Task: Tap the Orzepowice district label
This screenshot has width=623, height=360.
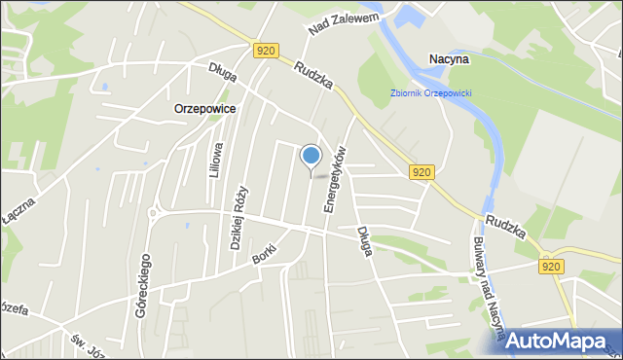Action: pyautogui.click(x=204, y=109)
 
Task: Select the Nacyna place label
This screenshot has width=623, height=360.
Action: pyautogui.click(x=449, y=59)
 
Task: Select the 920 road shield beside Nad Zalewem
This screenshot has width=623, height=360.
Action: pyautogui.click(x=264, y=50)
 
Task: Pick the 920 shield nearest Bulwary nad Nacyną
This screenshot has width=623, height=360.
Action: pyautogui.click(x=550, y=265)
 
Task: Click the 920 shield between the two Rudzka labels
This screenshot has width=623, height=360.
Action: pyautogui.click(x=421, y=172)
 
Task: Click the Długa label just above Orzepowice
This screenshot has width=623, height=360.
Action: pyautogui.click(x=223, y=69)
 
